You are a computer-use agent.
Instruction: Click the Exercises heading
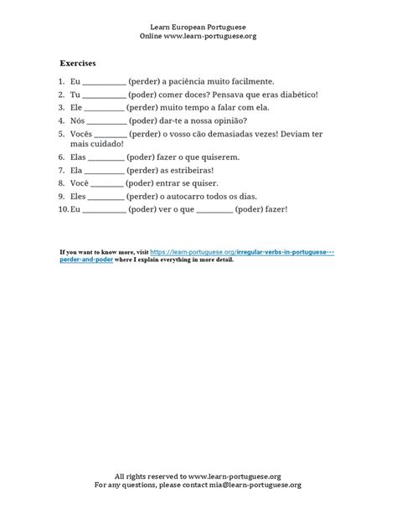point(78,63)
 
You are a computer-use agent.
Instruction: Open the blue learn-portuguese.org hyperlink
point(243,252)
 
